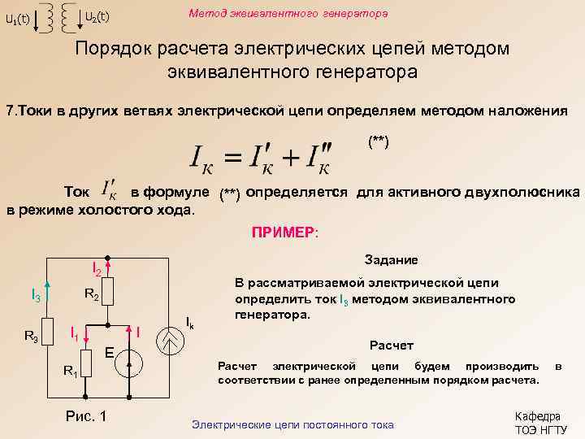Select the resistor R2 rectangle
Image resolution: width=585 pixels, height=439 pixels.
(111, 293)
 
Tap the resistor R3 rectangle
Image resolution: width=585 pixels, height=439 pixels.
(48, 334)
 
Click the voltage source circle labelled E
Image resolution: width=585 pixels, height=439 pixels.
(131, 365)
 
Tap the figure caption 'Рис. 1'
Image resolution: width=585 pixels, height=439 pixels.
(84, 416)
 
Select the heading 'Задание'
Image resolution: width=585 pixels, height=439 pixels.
(392, 259)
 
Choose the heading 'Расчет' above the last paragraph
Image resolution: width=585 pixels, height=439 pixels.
(392, 345)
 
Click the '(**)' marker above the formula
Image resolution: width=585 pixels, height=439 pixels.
(379, 141)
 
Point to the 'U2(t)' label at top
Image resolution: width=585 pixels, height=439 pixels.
(97, 16)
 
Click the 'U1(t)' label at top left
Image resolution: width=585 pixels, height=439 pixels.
(17, 20)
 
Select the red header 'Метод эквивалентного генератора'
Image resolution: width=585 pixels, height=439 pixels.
(288, 14)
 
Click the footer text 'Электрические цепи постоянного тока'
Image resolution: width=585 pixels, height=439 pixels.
(292, 425)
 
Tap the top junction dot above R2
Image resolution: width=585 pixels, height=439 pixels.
(111, 259)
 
